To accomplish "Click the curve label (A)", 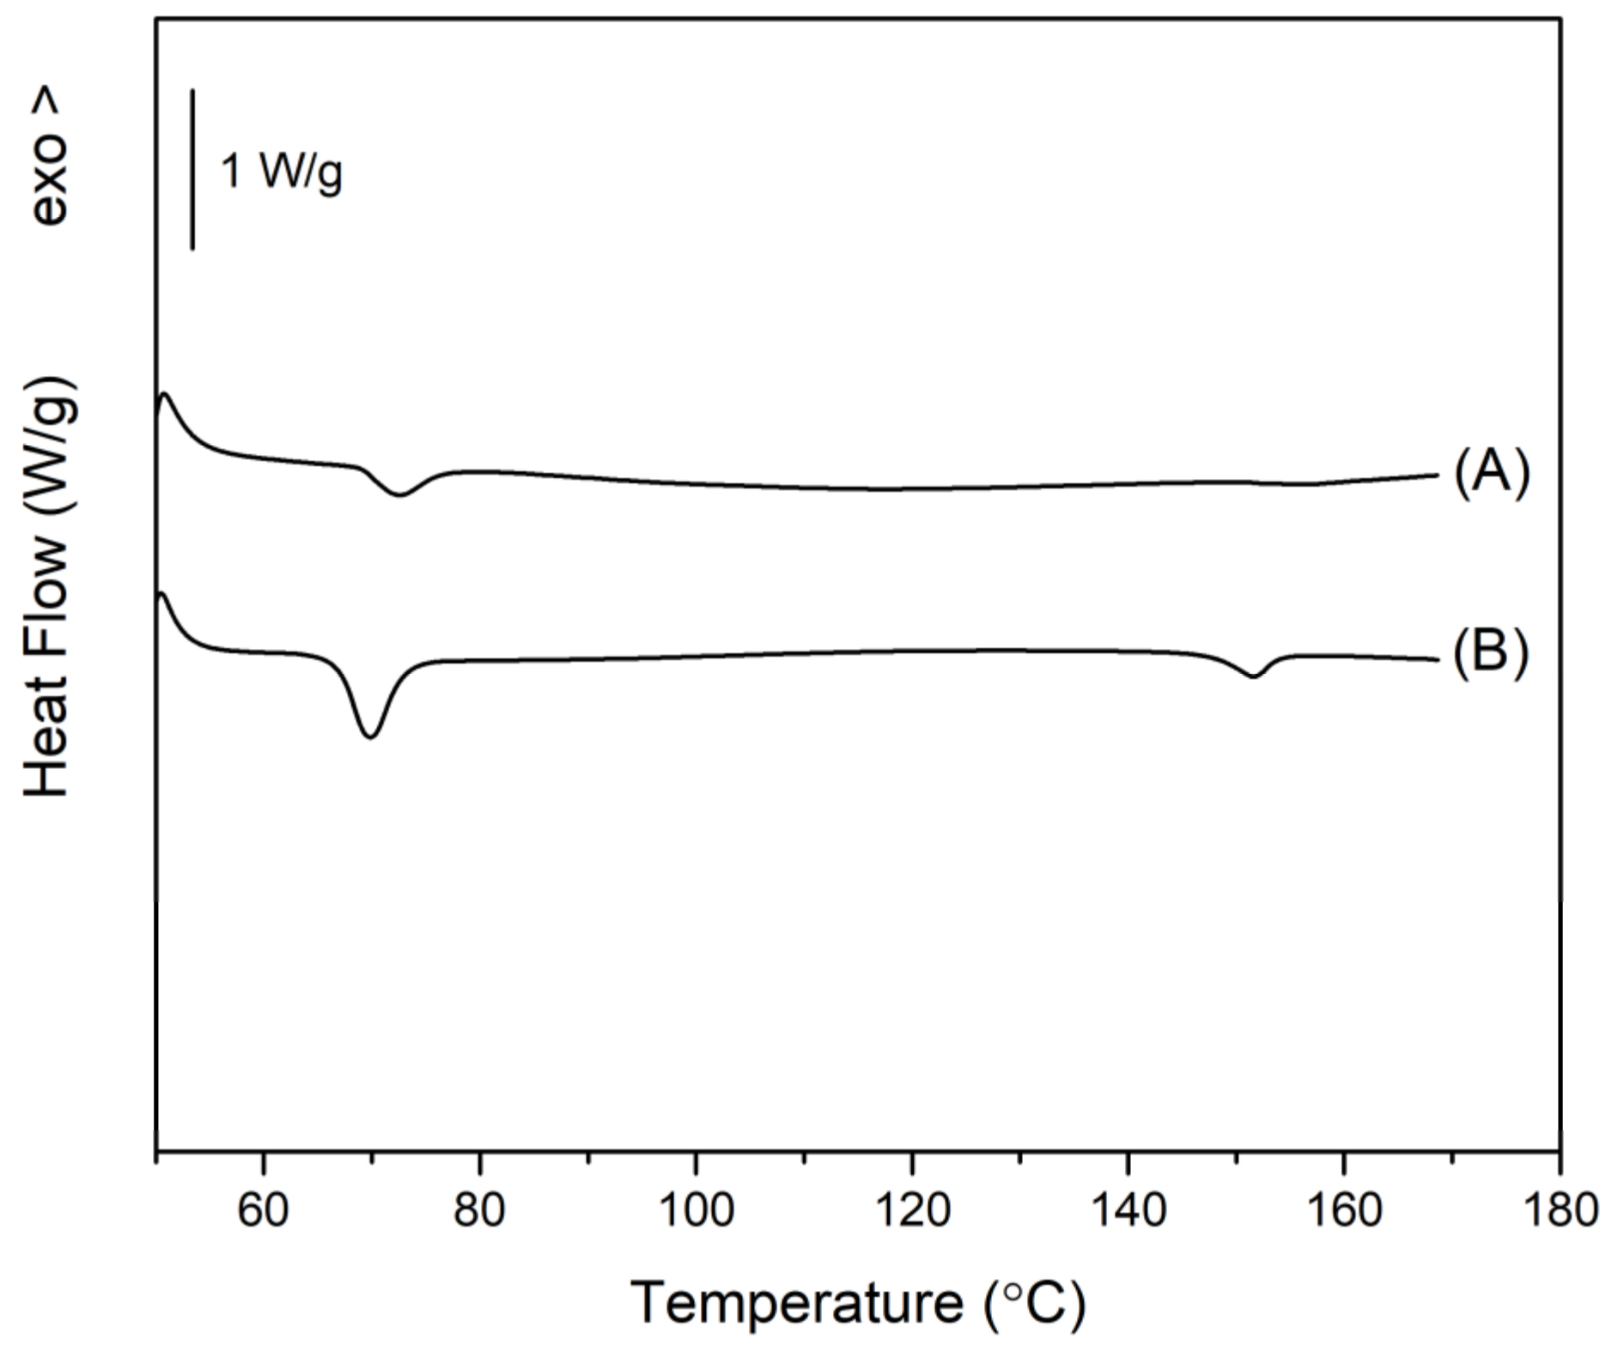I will (1492, 474).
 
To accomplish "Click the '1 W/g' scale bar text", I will (282, 171).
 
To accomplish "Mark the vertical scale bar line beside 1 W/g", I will (192, 169).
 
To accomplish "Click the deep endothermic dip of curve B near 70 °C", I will (370, 736).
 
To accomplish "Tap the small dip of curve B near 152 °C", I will (1253, 676).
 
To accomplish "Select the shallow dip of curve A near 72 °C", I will (399, 494).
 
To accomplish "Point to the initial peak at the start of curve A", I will (164, 395).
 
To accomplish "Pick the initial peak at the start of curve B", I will (161, 594).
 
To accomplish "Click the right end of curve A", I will (1436, 475).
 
